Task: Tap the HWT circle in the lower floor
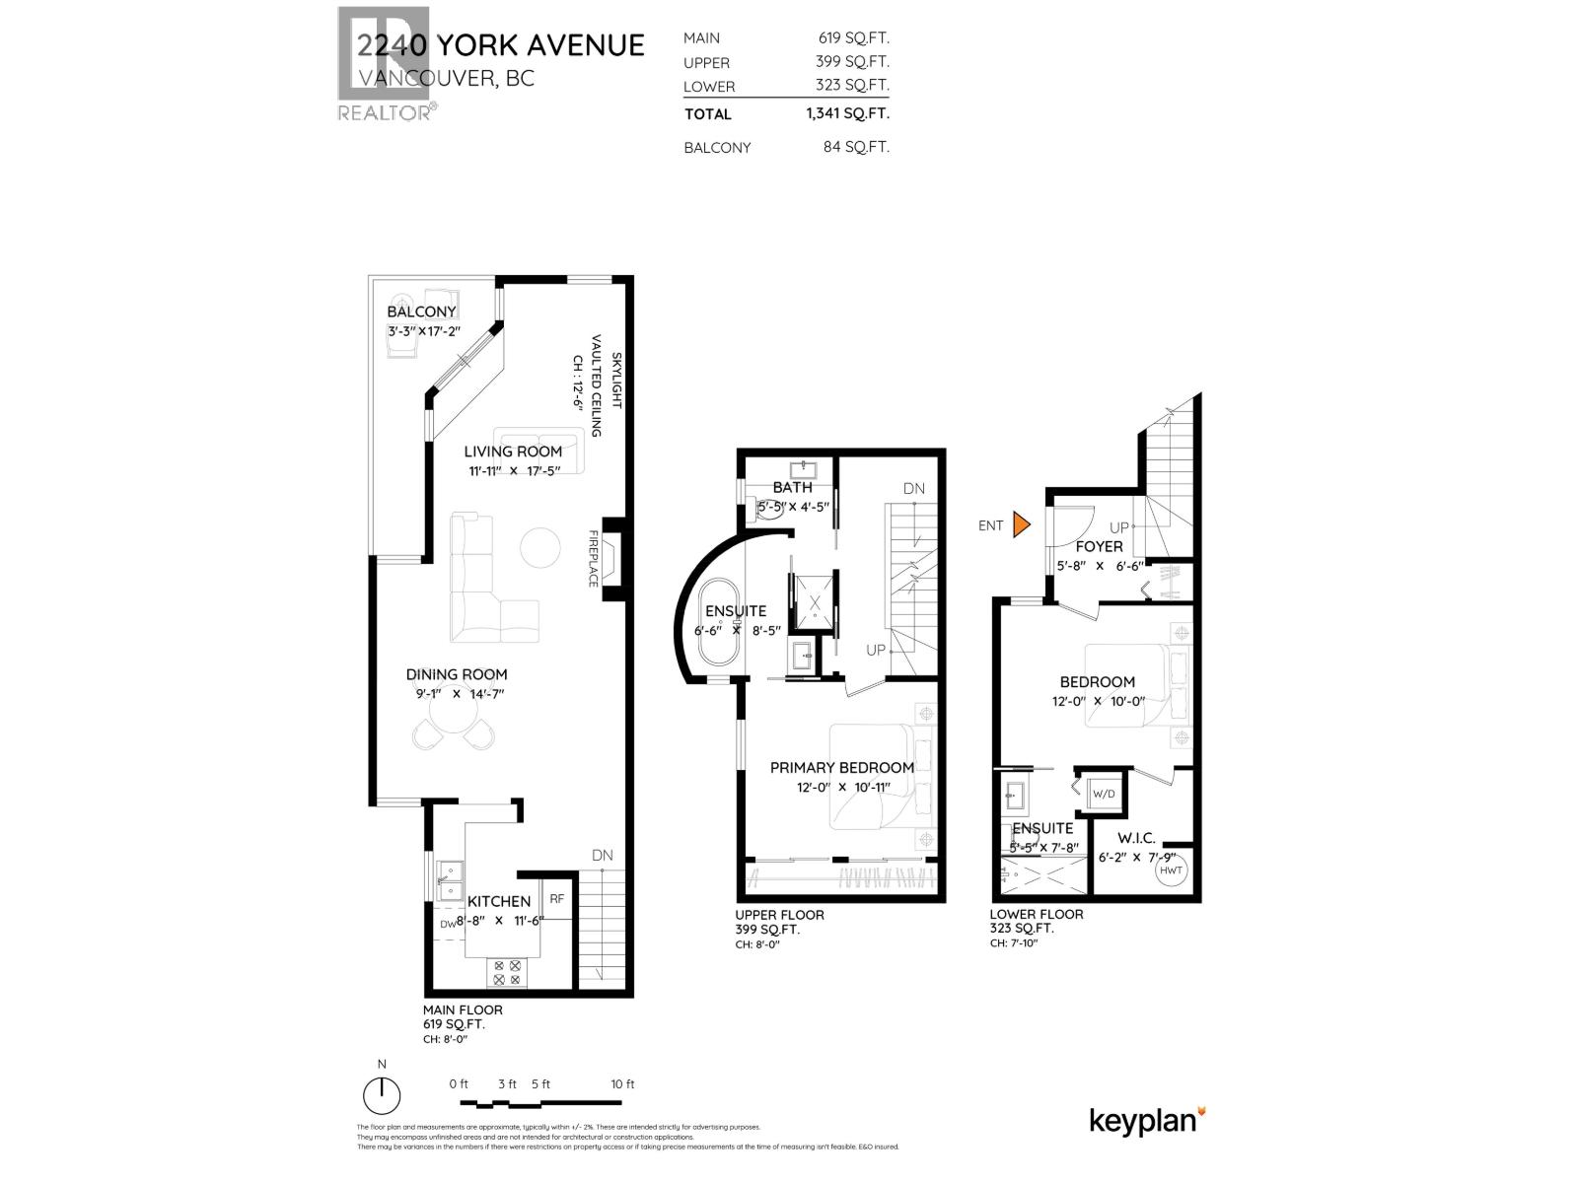pos(1171,870)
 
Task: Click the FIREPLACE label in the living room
pos(594,559)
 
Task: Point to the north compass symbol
pos(382,1096)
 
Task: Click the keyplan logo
pos(1147,1120)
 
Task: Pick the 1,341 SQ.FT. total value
pos(847,113)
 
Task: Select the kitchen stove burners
pos(508,974)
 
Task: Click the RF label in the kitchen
pos(556,898)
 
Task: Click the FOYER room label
pos(1099,546)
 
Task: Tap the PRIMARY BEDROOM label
pos(841,767)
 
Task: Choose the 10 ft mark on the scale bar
pos(622,1083)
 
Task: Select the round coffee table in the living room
pos(540,548)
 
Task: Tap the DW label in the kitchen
pos(448,924)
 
